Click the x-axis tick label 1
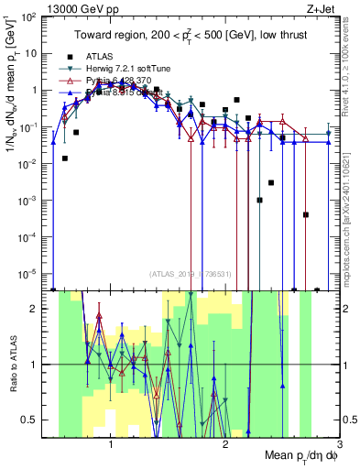(x=111, y=446)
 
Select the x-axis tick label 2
(x=225, y=446)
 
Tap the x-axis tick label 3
(x=338, y=446)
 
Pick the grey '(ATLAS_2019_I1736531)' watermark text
(x=190, y=273)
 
